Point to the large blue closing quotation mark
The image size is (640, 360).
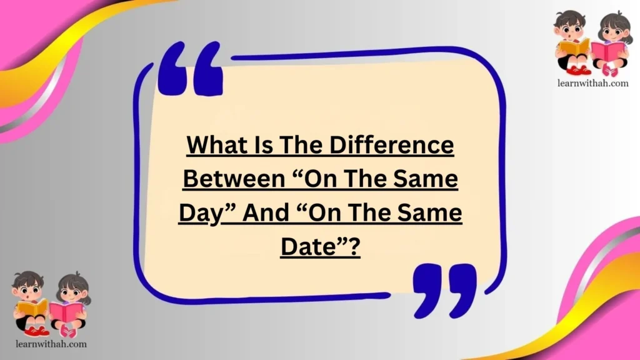coord(444,288)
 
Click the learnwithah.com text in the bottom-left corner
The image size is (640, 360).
coord(49,344)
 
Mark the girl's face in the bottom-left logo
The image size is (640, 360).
coord(73,289)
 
